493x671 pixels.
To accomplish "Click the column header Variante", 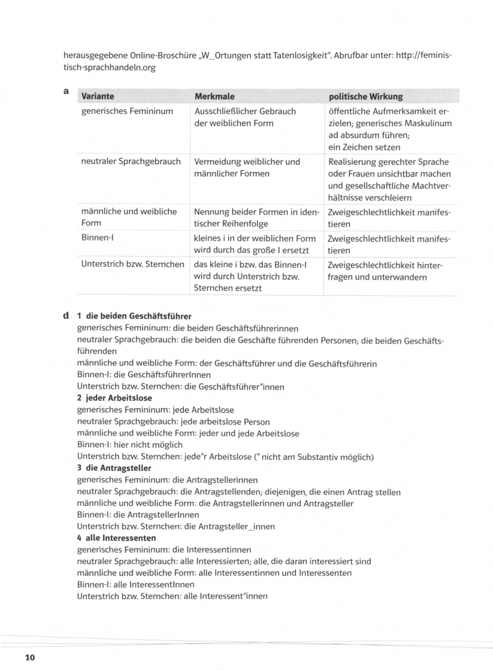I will click(x=98, y=96).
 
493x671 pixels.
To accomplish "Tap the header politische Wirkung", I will click(x=365, y=96).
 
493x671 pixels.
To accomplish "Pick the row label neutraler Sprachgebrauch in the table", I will click(x=131, y=162).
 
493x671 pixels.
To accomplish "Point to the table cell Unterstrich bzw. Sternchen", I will click(x=132, y=264).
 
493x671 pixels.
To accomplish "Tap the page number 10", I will click(x=30, y=657).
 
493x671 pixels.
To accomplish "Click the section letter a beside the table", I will click(x=66, y=91).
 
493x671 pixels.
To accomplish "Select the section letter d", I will click(x=66, y=316).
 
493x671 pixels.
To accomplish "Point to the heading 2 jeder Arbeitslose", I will click(x=114, y=398).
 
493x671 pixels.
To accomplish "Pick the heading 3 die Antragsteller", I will click(x=114, y=468).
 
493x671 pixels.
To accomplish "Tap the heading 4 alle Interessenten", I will click(x=116, y=537).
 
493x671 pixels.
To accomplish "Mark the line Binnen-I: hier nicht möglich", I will click(x=130, y=445).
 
